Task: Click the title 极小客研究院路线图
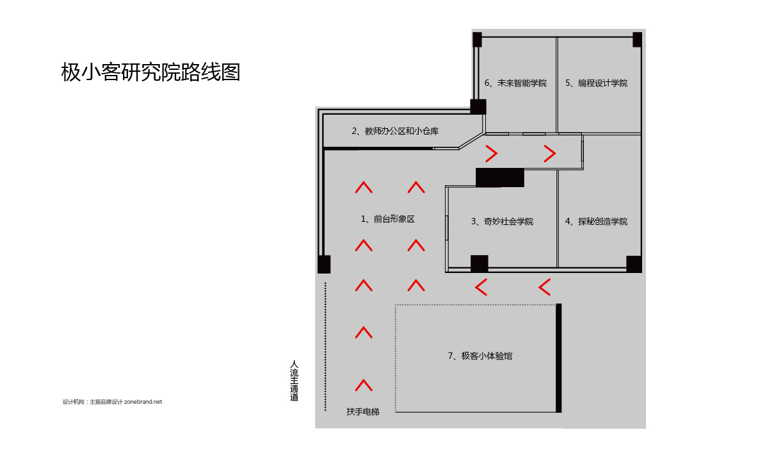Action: [x=150, y=72]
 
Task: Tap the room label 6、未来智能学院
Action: [x=515, y=83]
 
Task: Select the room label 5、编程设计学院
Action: [x=596, y=83]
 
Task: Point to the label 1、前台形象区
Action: [x=387, y=219]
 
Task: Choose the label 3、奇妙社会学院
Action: [x=502, y=222]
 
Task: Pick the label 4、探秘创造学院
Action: [x=596, y=222]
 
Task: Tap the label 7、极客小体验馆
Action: [x=480, y=356]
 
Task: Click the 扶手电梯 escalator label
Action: [x=363, y=411]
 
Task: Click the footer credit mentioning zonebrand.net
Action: [x=113, y=402]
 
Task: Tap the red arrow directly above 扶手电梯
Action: [x=364, y=385]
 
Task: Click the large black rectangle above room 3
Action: [x=500, y=178]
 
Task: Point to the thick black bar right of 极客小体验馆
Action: [x=559, y=358]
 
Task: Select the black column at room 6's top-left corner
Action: [x=477, y=39]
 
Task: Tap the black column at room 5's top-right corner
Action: [x=637, y=39]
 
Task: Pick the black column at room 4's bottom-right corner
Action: [x=634, y=264]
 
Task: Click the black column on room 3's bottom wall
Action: [x=479, y=264]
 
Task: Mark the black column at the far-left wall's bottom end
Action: [x=324, y=264]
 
